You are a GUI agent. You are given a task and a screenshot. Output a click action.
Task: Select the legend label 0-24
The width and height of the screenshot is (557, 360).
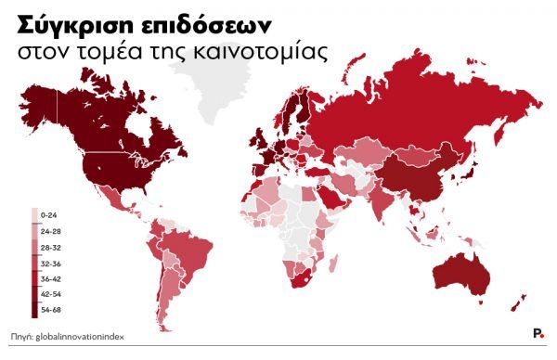(x=48, y=214)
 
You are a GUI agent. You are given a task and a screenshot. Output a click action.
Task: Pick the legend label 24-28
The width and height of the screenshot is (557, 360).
(x=50, y=230)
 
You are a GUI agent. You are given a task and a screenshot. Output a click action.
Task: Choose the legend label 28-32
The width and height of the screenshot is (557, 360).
(x=50, y=246)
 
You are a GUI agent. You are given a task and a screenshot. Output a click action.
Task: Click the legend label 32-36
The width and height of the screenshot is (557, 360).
(x=50, y=263)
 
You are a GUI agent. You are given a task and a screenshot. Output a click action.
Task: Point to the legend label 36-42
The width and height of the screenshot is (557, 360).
(x=50, y=278)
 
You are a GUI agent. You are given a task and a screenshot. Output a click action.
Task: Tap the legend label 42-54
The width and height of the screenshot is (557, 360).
(x=50, y=294)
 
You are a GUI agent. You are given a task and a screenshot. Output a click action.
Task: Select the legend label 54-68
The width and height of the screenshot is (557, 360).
(x=50, y=310)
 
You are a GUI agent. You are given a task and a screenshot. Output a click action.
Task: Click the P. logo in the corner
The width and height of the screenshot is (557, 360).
(x=538, y=334)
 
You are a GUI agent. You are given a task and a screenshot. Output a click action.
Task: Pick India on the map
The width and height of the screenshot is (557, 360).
(x=380, y=199)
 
